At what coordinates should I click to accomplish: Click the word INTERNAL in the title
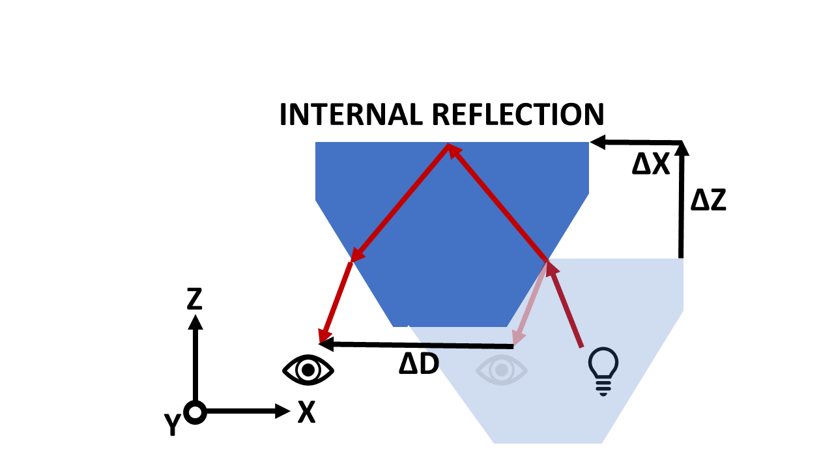pos(351,114)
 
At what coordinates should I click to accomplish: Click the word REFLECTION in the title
pos(518,114)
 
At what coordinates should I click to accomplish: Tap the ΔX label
pos(651,165)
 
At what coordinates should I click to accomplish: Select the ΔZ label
pos(708,200)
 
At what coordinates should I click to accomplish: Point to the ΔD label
pos(419,363)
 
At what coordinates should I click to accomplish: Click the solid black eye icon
pos(308,370)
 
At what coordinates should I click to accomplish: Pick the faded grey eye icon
pos(502,370)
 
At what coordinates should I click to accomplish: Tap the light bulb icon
pos(603,371)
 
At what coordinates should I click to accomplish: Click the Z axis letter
pos(194,298)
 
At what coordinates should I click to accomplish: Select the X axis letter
pos(306,412)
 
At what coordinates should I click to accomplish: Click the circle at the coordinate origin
pos(195,412)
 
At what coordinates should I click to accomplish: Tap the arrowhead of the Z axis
pos(195,322)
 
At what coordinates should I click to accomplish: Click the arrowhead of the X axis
pos(283,411)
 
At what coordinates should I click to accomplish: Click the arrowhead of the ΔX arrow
pos(597,142)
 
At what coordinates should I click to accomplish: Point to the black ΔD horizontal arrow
pos(416,345)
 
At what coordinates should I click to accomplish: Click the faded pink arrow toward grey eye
pos(530,304)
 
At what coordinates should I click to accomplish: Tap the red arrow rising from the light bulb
pos(564,304)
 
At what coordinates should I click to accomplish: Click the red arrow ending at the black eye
pos(335,303)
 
